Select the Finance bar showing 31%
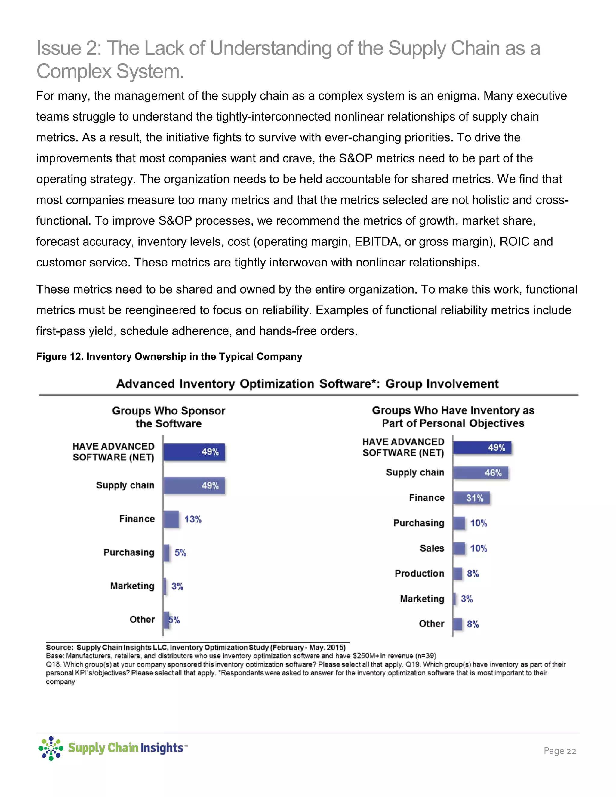pyautogui.click(x=471, y=498)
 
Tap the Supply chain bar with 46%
pyautogui.click(x=480, y=473)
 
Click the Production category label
pyautogui.click(x=419, y=573)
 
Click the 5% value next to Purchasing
pyautogui.click(x=180, y=553)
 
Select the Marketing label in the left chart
pyautogui.click(x=132, y=586)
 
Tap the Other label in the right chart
pyautogui.click(x=431, y=624)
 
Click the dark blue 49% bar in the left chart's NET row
pyautogui.click(x=194, y=452)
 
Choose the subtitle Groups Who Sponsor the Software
pyautogui.click(x=169, y=417)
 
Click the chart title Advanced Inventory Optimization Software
pyautogui.click(x=307, y=384)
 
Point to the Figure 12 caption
pyautogui.click(x=169, y=356)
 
